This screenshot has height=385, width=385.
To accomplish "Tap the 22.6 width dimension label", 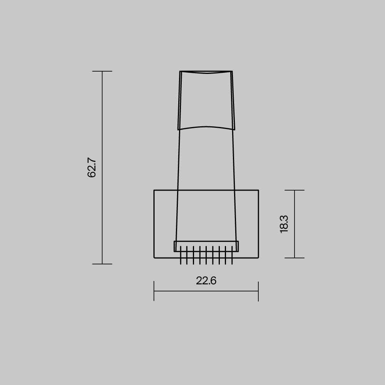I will coord(206,281).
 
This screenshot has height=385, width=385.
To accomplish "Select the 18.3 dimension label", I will coord(284,224).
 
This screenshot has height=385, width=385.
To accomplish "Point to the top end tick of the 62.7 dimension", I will coord(102,71).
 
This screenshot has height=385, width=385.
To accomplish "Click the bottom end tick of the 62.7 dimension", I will coord(102,264).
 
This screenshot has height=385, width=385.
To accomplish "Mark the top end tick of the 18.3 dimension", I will coord(295,190).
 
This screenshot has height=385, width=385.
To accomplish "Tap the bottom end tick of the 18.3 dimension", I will coord(295,258).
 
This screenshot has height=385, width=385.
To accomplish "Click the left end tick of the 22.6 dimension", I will coord(154,291).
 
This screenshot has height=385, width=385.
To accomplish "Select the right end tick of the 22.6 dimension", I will coord(258,291).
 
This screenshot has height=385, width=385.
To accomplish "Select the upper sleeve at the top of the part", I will coord(206,100).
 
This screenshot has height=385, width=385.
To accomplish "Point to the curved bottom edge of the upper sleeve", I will coord(206,127).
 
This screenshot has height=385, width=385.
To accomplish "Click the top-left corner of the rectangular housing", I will coord(154,190).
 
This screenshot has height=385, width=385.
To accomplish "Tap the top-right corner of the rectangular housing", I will coord(258,190).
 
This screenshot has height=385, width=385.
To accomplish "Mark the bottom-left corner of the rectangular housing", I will coord(154,258).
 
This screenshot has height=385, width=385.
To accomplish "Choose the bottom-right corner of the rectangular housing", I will coord(258,258).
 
